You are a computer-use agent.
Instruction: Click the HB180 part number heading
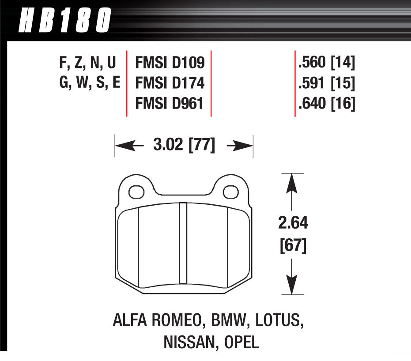[64, 20]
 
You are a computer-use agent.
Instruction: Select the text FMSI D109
[169, 64]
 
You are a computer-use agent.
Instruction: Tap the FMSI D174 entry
[169, 84]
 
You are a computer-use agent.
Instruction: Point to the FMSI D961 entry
[169, 104]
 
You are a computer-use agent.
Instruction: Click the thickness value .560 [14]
[327, 64]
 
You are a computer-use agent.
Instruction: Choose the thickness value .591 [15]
[327, 84]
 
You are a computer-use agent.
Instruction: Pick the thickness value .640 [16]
[327, 104]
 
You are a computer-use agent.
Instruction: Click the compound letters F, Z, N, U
[87, 64]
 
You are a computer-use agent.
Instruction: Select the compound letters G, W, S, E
[90, 84]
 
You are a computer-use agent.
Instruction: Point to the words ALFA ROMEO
[154, 320]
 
